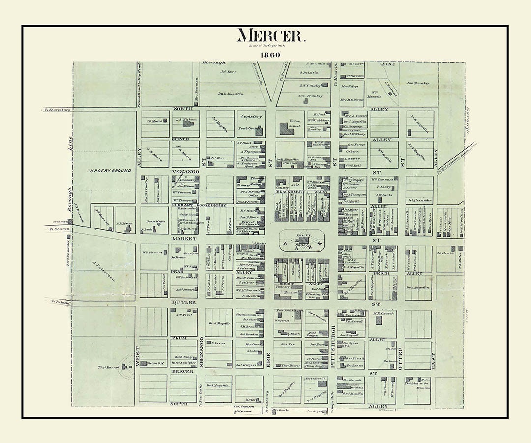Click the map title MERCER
point(271,36)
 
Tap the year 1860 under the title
point(270,55)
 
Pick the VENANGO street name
point(184,172)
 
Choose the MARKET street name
point(183,238)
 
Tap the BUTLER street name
point(183,302)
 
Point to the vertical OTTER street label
point(400,354)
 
